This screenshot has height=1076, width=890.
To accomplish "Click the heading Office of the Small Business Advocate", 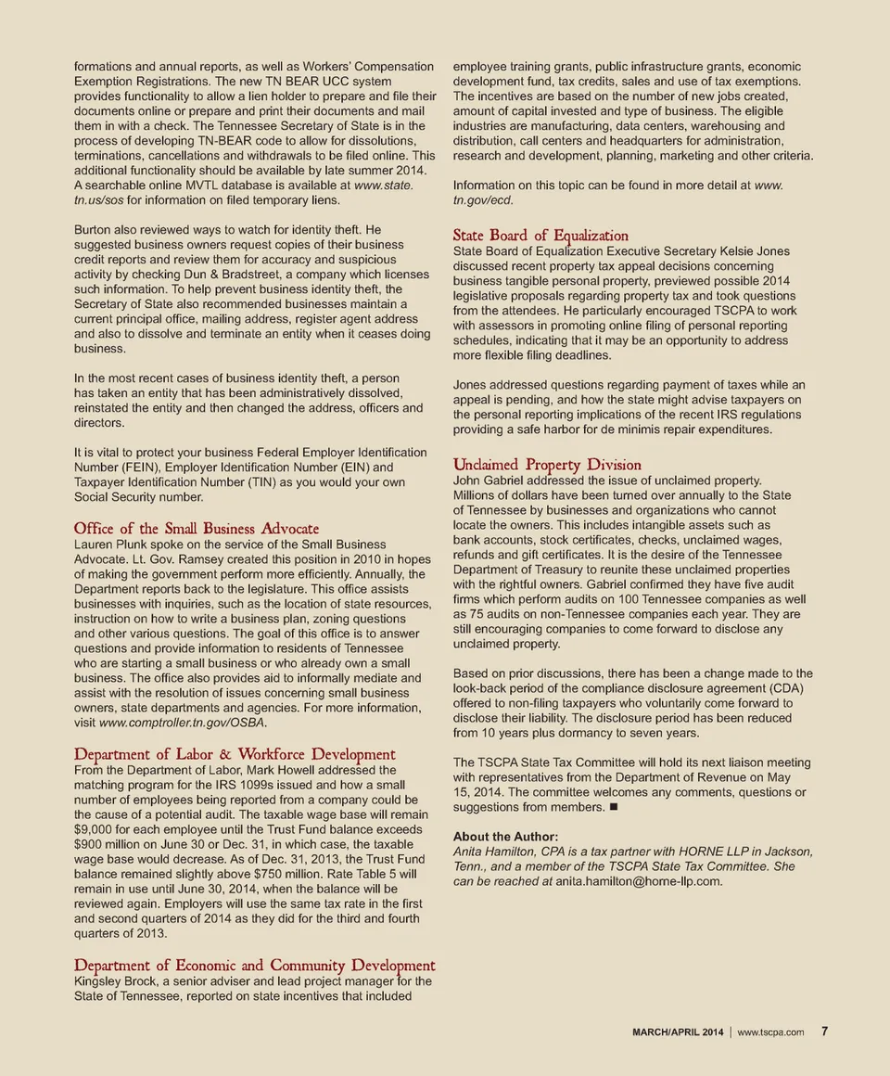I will (196, 528).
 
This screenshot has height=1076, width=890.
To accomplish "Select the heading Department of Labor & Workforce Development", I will (235, 754).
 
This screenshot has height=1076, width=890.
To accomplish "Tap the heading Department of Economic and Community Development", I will (254, 966).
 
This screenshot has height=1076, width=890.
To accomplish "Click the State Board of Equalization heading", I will (540, 235).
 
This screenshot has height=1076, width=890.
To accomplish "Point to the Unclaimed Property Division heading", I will (547, 464).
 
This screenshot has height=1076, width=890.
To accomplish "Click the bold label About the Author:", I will (505, 837).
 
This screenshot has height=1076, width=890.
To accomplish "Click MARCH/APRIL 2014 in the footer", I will (678, 1033).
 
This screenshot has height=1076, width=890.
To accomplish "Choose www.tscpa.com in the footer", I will (770, 1033).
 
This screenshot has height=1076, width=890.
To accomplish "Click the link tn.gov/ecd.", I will (482, 200).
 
